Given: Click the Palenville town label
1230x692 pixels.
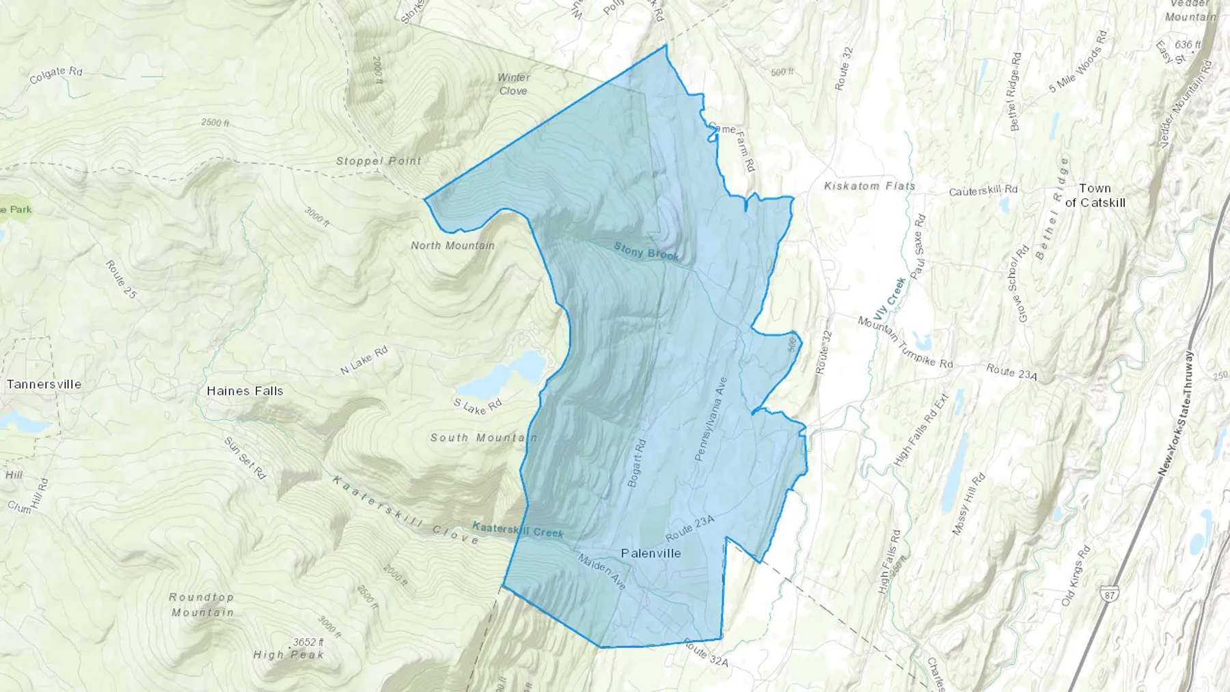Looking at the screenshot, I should (x=651, y=553).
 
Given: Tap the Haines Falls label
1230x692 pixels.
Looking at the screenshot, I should (x=245, y=391).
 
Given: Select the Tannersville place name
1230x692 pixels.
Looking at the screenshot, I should (x=44, y=384).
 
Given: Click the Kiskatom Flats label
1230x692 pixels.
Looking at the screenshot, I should (x=869, y=186).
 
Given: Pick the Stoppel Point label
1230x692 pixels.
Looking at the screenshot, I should (x=379, y=161).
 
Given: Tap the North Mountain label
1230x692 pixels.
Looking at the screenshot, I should (x=452, y=245).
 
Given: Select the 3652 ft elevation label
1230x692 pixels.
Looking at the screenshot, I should (x=308, y=642).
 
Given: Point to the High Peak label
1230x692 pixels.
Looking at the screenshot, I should (x=288, y=654).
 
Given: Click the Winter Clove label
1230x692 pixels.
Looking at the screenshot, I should (x=513, y=84).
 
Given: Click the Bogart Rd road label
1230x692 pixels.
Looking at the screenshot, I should (x=636, y=462).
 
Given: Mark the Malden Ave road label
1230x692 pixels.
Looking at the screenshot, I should (x=601, y=572).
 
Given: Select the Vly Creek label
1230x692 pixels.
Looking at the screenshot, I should (x=888, y=301).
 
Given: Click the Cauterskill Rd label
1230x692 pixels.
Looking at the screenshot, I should (x=983, y=191).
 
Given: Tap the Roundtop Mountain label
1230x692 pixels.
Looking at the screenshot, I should (x=202, y=605).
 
